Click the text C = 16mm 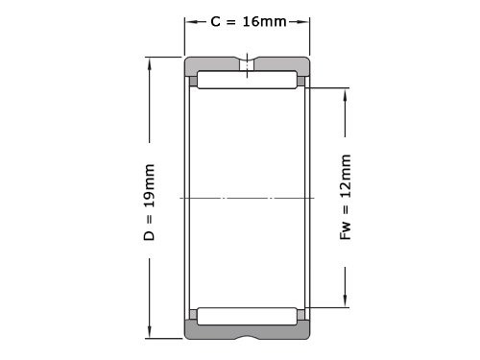click(x=248, y=21)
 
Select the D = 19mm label click(x=150, y=201)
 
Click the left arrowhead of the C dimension click(x=190, y=21)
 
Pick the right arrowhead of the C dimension click(x=305, y=21)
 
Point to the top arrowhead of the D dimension click(x=150, y=64)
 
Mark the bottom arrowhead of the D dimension click(x=150, y=333)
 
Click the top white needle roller click(x=247, y=81)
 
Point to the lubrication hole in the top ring click(x=248, y=66)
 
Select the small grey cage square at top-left click(x=193, y=82)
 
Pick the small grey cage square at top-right click(x=301, y=82)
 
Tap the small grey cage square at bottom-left click(x=193, y=315)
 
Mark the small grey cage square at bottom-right click(x=301, y=315)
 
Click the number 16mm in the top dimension click(x=264, y=21)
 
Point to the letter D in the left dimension click(x=150, y=233)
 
